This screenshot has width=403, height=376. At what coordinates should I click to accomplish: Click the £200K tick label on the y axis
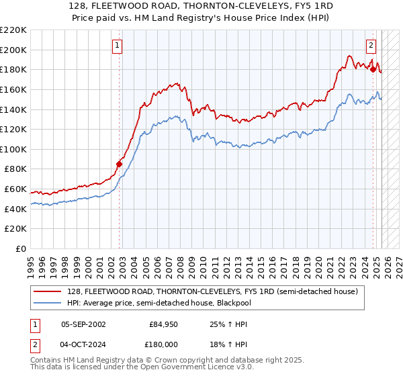pyautogui.click(x=13, y=50)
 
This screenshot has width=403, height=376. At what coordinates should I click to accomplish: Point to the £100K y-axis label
pyautogui.click(x=13, y=149)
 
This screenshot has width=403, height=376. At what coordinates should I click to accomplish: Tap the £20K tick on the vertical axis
pyautogui.click(x=15, y=229)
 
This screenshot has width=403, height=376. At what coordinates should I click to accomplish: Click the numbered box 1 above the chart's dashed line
pyautogui.click(x=118, y=46)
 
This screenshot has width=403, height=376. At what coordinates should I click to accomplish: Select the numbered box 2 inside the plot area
pyautogui.click(x=371, y=46)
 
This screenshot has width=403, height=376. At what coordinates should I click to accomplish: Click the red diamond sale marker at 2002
pyautogui.click(x=120, y=164)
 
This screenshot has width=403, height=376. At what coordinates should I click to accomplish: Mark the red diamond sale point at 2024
pyautogui.click(x=373, y=68)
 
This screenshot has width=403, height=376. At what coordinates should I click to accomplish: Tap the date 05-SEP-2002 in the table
pyautogui.click(x=83, y=324)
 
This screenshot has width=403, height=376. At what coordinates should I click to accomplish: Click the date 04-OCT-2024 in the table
pyautogui.click(x=83, y=344)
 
